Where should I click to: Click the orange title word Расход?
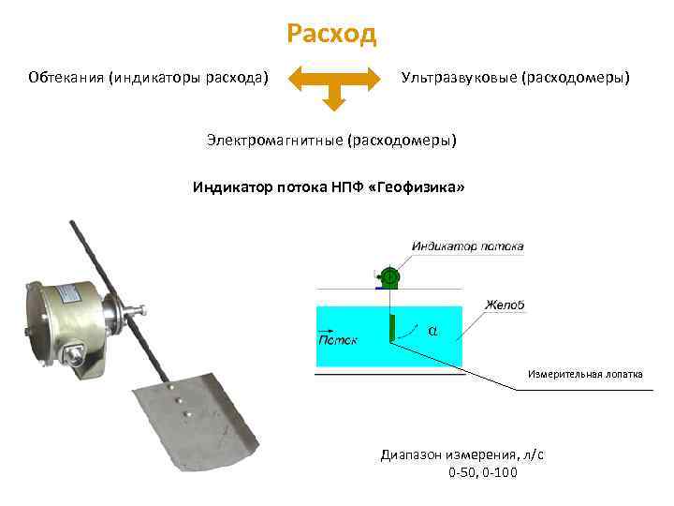click(331, 35)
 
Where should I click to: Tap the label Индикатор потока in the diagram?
click(467, 246)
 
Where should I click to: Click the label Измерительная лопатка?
click(585, 373)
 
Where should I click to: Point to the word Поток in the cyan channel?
click(338, 339)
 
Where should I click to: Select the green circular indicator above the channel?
click(390, 276)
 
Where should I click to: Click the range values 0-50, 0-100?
click(482, 472)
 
